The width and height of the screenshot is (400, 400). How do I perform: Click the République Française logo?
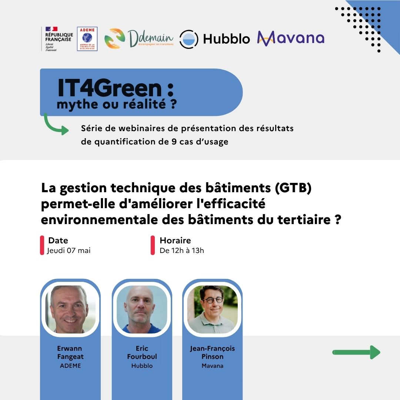coord(57,39)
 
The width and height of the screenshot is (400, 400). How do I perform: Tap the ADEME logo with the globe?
coord(87,39)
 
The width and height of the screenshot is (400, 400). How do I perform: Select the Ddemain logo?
coord(139,38)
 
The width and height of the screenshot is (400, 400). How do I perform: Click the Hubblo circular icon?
coord(189,39)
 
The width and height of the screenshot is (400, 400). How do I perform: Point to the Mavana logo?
coord(291,38)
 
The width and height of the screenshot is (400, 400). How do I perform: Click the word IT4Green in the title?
coord(110,88)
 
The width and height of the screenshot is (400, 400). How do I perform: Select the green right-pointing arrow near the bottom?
coord(356,352)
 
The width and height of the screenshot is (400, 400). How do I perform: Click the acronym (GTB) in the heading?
coord(293,188)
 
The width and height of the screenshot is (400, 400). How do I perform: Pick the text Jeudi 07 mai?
coord(69,250)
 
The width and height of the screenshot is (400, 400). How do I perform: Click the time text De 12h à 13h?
coord(181,250)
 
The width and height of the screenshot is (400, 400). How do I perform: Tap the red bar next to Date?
coord(42,245)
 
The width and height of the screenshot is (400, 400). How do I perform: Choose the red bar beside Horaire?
coord(153,245)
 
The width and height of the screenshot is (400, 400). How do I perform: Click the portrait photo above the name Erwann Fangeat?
coord(70,309)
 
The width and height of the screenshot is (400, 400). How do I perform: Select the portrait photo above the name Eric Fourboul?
coord(142,309)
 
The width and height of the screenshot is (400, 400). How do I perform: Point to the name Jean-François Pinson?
coord(212,352)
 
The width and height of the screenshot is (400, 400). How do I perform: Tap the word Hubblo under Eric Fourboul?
coord(142,366)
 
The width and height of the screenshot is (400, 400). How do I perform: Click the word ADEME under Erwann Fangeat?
coord(70,366)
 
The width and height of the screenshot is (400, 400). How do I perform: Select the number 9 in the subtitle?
coord(174,141)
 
